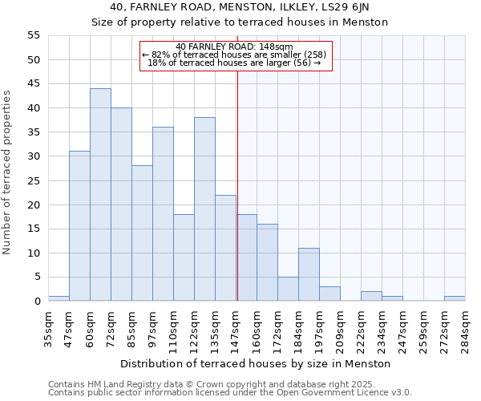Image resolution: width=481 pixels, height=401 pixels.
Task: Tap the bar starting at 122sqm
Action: [204, 209]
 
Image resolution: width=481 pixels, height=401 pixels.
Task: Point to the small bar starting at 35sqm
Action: [59, 298]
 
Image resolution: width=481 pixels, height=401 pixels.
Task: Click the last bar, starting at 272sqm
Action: [455, 298]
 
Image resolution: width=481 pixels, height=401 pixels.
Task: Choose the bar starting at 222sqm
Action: [371, 296]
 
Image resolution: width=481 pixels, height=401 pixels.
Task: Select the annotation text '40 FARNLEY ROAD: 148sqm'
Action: [235, 47]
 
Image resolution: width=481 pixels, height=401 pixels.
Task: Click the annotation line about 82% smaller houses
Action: [235, 55]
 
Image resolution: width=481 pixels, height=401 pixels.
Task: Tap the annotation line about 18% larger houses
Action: [235, 63]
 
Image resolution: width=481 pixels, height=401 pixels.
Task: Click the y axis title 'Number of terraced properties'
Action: [8, 172]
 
